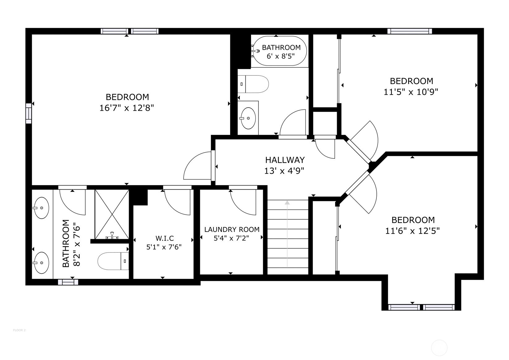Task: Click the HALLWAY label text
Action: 285,160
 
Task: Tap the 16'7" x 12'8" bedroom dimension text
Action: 127,108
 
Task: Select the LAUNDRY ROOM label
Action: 232,229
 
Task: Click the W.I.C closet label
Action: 164,238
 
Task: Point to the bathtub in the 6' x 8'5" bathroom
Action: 280,51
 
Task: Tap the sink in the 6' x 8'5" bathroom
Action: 248,118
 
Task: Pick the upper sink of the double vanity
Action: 41,208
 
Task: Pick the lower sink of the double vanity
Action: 41,263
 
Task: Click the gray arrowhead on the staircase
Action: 287,203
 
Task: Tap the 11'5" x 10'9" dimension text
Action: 411,92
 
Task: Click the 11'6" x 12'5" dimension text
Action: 412,231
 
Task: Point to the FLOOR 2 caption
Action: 19,330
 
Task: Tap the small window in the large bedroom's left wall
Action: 28,114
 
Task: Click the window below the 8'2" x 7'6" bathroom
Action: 68,282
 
